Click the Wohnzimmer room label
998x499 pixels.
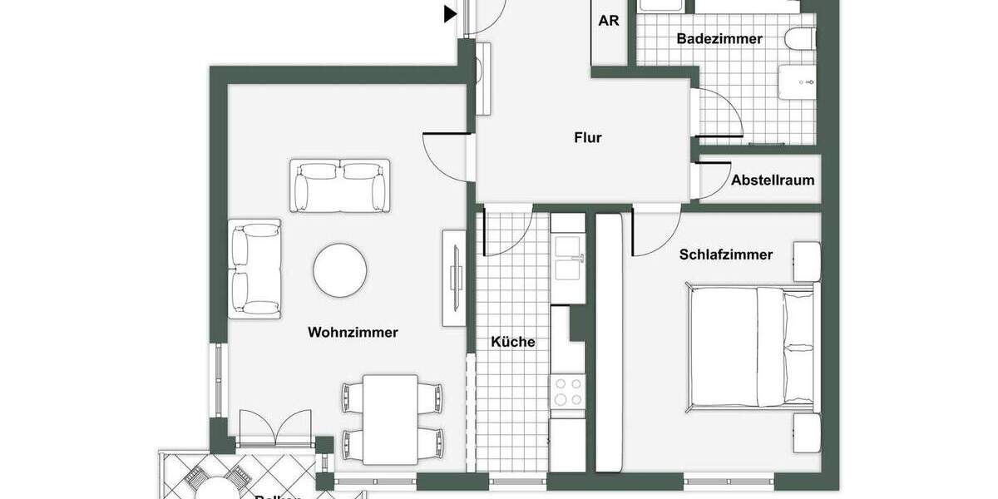[x=353, y=333]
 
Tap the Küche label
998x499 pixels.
[x=512, y=342]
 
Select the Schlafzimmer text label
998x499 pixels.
[x=725, y=255]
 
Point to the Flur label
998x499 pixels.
[x=587, y=138]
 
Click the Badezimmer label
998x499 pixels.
[x=719, y=39]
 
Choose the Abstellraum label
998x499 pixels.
[x=773, y=180]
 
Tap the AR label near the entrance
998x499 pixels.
[x=609, y=21]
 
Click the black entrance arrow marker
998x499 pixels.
[x=450, y=13]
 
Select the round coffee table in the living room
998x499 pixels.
[x=340, y=270]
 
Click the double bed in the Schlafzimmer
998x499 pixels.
[x=750, y=346]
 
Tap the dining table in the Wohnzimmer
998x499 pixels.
[x=390, y=419]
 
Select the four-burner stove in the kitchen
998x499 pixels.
[x=568, y=392]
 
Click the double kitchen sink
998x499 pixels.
[x=568, y=258]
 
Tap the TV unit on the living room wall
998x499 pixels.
[x=454, y=277]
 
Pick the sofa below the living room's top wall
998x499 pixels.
[x=340, y=185]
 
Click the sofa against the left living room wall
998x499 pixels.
[x=254, y=269]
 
